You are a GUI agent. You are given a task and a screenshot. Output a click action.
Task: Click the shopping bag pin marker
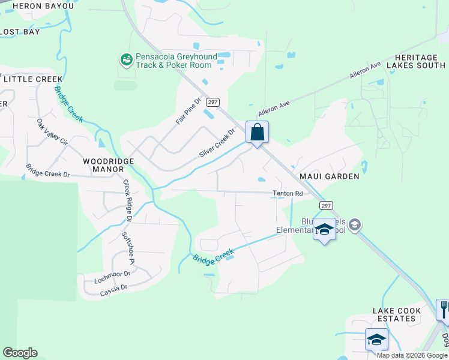click(x=257, y=132)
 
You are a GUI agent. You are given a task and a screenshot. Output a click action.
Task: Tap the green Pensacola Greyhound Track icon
click(x=126, y=60)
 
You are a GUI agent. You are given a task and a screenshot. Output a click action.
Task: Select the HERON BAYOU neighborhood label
click(x=43, y=6)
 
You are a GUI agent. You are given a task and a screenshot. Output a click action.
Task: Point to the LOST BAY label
click(x=20, y=32)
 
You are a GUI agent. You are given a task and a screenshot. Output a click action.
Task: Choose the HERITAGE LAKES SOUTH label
click(x=420, y=61)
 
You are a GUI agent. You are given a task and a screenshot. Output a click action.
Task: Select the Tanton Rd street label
click(x=288, y=193)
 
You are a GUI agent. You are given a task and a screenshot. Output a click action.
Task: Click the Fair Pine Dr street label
click(x=187, y=110)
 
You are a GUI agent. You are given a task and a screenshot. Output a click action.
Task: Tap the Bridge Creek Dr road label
click(x=48, y=170)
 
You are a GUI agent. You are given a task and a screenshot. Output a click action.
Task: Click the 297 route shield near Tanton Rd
click(x=325, y=206)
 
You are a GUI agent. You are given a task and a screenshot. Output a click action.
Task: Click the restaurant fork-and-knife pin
click(x=443, y=310)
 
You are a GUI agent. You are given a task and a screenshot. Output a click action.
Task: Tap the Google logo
click(x=20, y=353)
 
